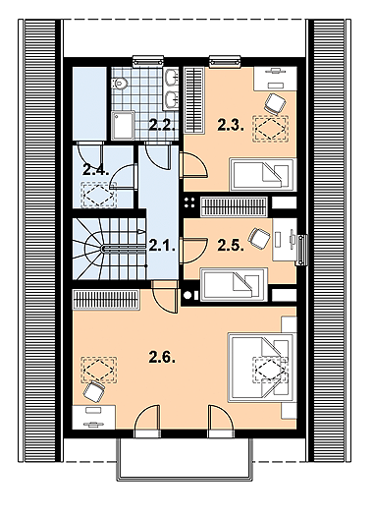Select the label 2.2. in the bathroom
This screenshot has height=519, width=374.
[162, 124]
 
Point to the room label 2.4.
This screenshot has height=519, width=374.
[94, 169]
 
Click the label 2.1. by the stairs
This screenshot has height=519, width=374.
[162, 246]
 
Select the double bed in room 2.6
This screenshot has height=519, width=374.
[261, 365]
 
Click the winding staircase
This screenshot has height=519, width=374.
[104, 251]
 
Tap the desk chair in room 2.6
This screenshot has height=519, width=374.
[93, 392]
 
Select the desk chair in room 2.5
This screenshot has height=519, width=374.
[261, 237]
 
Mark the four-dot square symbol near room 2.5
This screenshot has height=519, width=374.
[189, 205]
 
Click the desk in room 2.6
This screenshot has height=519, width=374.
[96, 416]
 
